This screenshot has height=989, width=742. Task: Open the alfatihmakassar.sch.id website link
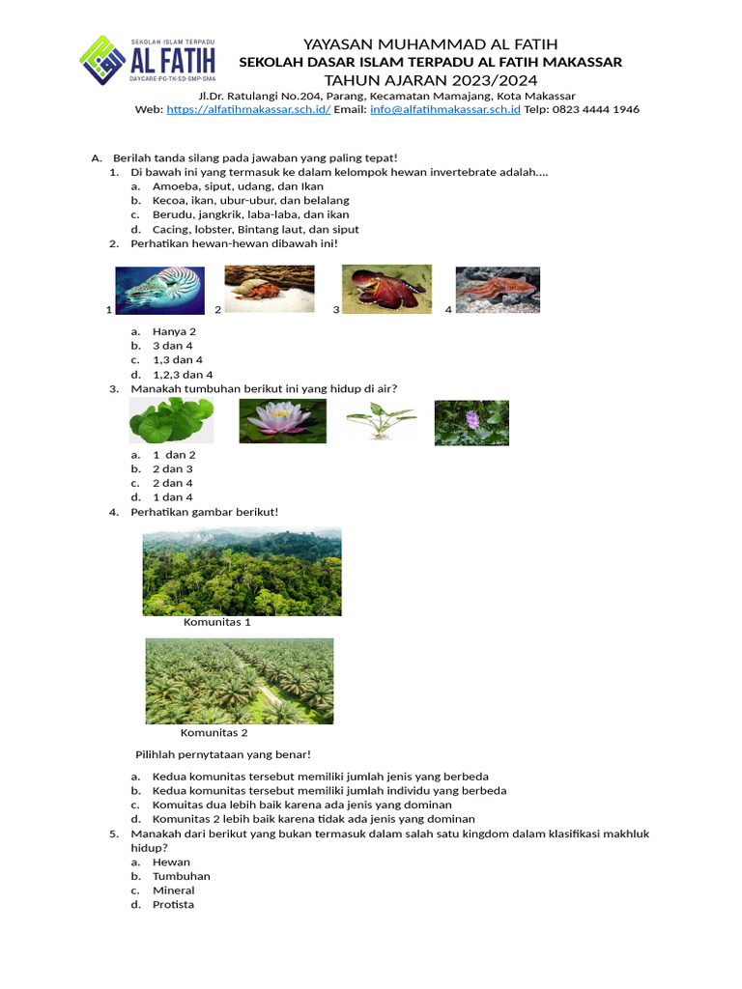[x=248, y=110]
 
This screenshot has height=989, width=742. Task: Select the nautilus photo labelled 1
[x=159, y=290]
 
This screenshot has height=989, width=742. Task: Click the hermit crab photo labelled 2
[x=270, y=289]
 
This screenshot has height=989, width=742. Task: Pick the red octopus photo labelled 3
[x=386, y=289]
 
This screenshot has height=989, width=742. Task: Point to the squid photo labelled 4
[x=498, y=290]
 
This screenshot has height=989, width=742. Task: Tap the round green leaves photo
[x=171, y=421]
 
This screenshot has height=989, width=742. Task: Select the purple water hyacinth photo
[x=471, y=423]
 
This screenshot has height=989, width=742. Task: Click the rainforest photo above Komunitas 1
[x=242, y=571]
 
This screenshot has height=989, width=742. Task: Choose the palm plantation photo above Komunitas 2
[x=240, y=681]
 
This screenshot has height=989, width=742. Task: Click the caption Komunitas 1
[x=217, y=623]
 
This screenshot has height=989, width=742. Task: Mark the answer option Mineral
[x=174, y=890]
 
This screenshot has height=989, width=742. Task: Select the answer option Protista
[x=173, y=905]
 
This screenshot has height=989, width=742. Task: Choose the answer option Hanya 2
[x=174, y=331]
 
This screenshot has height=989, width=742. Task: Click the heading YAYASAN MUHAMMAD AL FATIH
[x=430, y=44]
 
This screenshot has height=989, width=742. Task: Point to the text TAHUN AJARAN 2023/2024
[x=430, y=79]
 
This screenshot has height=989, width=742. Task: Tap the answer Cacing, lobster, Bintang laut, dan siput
[x=255, y=230]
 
